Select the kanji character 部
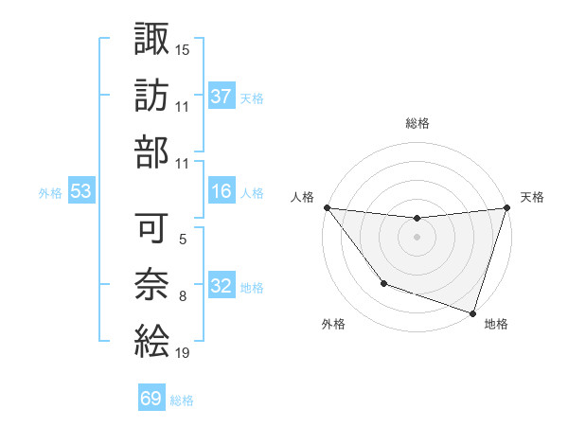(151, 154)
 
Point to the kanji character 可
(151, 226)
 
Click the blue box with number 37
(222, 96)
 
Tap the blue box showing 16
(222, 191)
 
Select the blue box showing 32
(222, 286)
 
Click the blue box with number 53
(81, 191)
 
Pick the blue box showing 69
(151, 399)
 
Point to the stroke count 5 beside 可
(183, 239)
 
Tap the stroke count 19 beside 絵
(183, 354)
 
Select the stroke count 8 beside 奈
(183, 297)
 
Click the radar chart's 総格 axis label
(417, 123)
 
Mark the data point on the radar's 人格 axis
(327, 207)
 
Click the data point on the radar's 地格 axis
(472, 312)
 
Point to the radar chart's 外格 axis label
(333, 324)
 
